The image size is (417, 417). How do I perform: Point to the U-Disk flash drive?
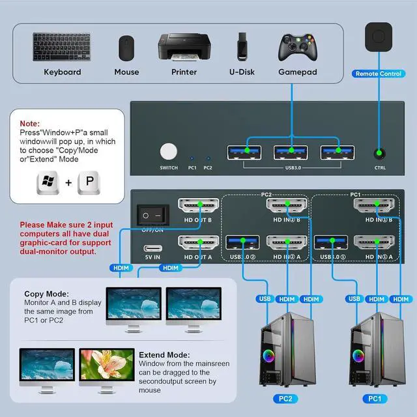point(241,45)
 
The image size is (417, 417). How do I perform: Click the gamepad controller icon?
point(298,47)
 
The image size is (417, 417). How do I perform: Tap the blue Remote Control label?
point(378,74)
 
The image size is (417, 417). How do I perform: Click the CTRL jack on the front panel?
point(379,154)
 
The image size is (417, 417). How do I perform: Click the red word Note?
point(29,123)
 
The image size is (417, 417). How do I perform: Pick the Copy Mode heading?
point(46,294)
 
